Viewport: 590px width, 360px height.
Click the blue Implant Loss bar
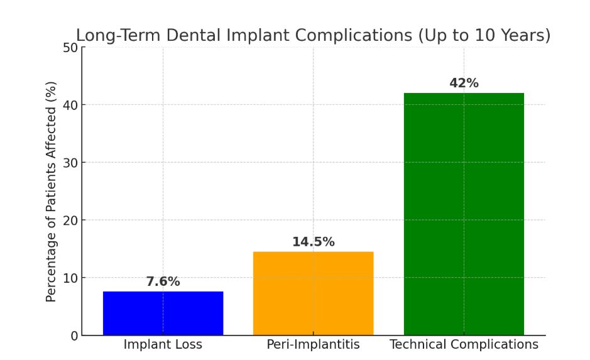click(x=163, y=313)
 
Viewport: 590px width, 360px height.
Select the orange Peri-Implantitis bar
click(x=313, y=293)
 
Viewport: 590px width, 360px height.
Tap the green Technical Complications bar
click(x=464, y=214)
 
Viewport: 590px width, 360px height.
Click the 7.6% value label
click(x=163, y=281)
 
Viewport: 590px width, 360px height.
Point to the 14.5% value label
click(x=313, y=242)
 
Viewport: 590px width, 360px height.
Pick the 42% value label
click(x=464, y=83)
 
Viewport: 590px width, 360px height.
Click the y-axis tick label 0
click(x=74, y=335)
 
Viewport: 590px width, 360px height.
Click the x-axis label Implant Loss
click(x=163, y=344)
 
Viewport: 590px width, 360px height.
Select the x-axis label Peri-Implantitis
click(x=313, y=344)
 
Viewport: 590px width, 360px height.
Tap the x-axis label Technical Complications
click(x=464, y=344)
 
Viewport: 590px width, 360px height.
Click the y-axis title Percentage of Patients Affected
click(x=52, y=191)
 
